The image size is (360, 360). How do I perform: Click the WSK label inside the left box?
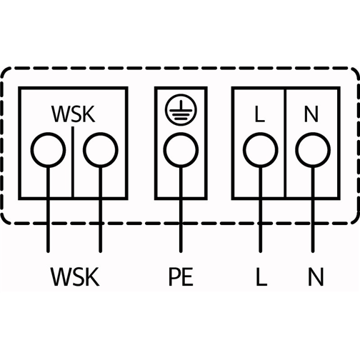(74, 114)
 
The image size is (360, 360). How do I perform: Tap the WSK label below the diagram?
(75, 276)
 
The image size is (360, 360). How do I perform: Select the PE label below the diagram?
(181, 276)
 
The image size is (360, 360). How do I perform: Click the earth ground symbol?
(181, 110)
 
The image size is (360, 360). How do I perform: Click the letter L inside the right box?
(260, 114)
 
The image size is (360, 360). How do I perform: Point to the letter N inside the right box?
(311, 114)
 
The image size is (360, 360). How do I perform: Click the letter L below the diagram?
(261, 276)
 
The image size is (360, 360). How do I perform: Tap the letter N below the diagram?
(316, 276)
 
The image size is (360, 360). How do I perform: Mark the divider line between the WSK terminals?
(73, 162)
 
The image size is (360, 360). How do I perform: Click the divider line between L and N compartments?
(285, 143)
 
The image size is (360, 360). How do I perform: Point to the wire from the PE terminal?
(181, 209)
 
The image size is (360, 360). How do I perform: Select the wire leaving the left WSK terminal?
(49, 209)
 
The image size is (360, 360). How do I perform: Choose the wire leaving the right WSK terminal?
(101, 209)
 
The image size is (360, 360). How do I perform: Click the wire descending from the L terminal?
(261, 209)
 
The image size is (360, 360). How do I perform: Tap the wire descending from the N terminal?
(313, 209)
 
